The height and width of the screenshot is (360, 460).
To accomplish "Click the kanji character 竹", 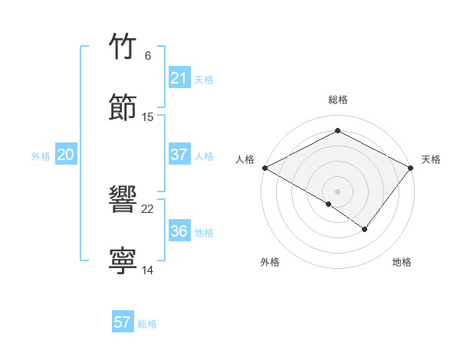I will coord(123,47).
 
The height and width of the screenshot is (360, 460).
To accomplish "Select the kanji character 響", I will coord(123,199).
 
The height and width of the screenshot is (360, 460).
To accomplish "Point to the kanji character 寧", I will coord(123,260).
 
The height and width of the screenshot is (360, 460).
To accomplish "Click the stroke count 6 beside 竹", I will coord(147,56).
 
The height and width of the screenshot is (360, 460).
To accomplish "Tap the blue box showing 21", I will coord(179,78).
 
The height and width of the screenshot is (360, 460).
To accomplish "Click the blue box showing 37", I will coord(179,155).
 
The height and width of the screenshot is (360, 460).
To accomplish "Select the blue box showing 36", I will coord(179,231).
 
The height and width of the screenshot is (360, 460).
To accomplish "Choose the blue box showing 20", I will coord(65,155).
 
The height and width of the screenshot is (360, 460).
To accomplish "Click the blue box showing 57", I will coord(122,322).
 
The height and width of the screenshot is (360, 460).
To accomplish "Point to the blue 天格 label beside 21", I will coord(204,80).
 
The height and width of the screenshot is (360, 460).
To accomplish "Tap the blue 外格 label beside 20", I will coord(41,156).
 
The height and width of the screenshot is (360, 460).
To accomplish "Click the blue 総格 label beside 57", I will coord(147,324).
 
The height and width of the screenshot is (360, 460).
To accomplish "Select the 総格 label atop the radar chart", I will coord(338,100).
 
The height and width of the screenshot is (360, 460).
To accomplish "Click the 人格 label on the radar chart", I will coord(245,159).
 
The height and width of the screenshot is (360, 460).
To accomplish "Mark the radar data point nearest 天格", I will coord(412,168).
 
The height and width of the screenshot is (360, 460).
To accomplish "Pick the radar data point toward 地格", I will coord(365,229).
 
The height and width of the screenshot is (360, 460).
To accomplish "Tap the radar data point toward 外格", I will coord(329,204).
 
